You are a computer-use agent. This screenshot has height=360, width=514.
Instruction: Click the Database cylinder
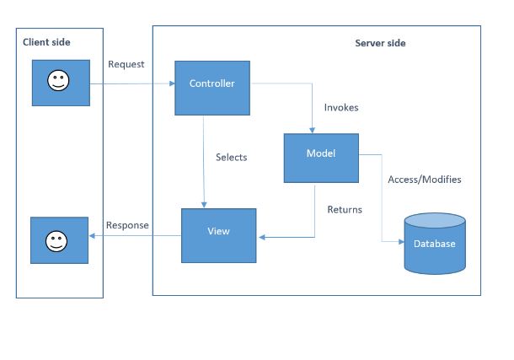click(434, 244)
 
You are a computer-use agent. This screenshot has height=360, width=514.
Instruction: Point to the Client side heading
click(47, 42)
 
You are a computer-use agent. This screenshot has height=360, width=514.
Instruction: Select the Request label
click(126, 65)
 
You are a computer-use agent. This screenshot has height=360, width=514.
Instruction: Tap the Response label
click(127, 225)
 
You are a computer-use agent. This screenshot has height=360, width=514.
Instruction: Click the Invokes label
click(342, 108)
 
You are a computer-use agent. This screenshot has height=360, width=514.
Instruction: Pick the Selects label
click(231, 157)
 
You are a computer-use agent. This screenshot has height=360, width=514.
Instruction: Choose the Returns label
click(344, 209)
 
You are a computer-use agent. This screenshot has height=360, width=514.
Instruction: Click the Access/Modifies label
click(424, 180)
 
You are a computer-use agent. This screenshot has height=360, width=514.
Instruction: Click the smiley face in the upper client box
click(58, 83)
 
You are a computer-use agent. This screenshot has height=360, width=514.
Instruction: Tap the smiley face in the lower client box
click(58, 240)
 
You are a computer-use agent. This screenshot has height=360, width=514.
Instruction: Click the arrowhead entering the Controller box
click(170, 83)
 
